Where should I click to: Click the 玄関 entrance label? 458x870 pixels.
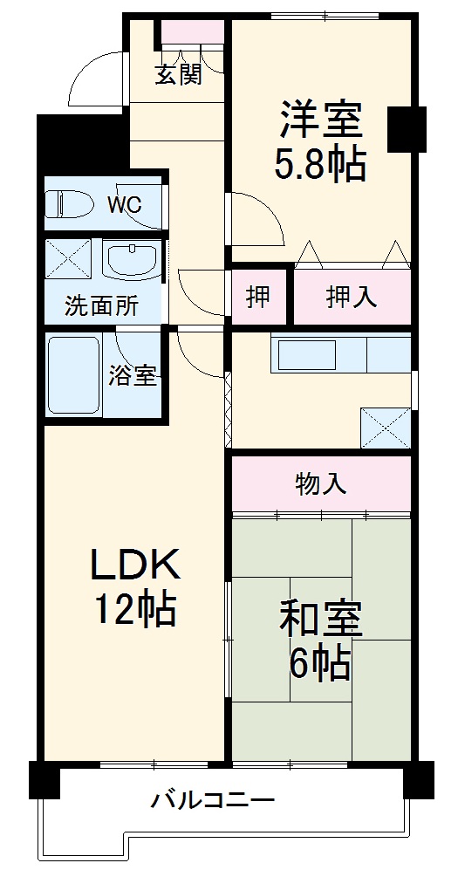click(179, 75)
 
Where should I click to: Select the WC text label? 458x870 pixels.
click(124, 205)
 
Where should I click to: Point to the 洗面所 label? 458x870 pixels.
click(101, 306)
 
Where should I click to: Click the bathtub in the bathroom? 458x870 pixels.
click(73, 375)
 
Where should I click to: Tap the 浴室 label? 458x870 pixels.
click(133, 376)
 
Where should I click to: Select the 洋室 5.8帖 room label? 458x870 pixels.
click(319, 142)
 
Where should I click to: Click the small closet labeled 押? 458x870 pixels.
click(257, 298)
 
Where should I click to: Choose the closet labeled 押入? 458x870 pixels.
click(352, 298)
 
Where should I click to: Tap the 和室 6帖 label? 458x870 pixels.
click(319, 641)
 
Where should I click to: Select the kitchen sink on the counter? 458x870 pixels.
click(306, 354)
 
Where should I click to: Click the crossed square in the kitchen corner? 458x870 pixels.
click(386, 428)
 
